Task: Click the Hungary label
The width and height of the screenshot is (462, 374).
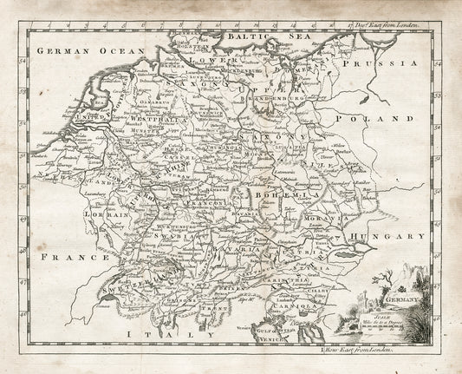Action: pos(395,235)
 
